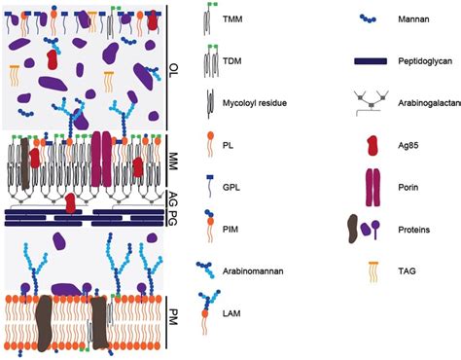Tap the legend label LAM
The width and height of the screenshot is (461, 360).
click(x=240, y=312)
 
